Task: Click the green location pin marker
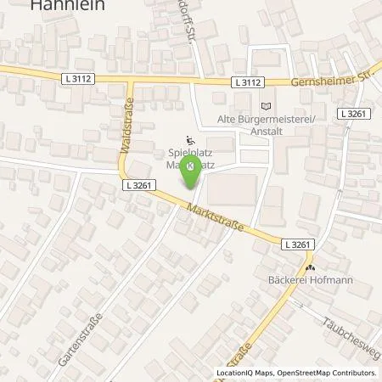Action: tap(194, 171)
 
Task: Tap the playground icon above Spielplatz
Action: tap(190, 142)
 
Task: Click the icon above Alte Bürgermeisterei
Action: tap(267, 106)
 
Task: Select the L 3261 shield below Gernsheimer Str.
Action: tap(351, 113)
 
